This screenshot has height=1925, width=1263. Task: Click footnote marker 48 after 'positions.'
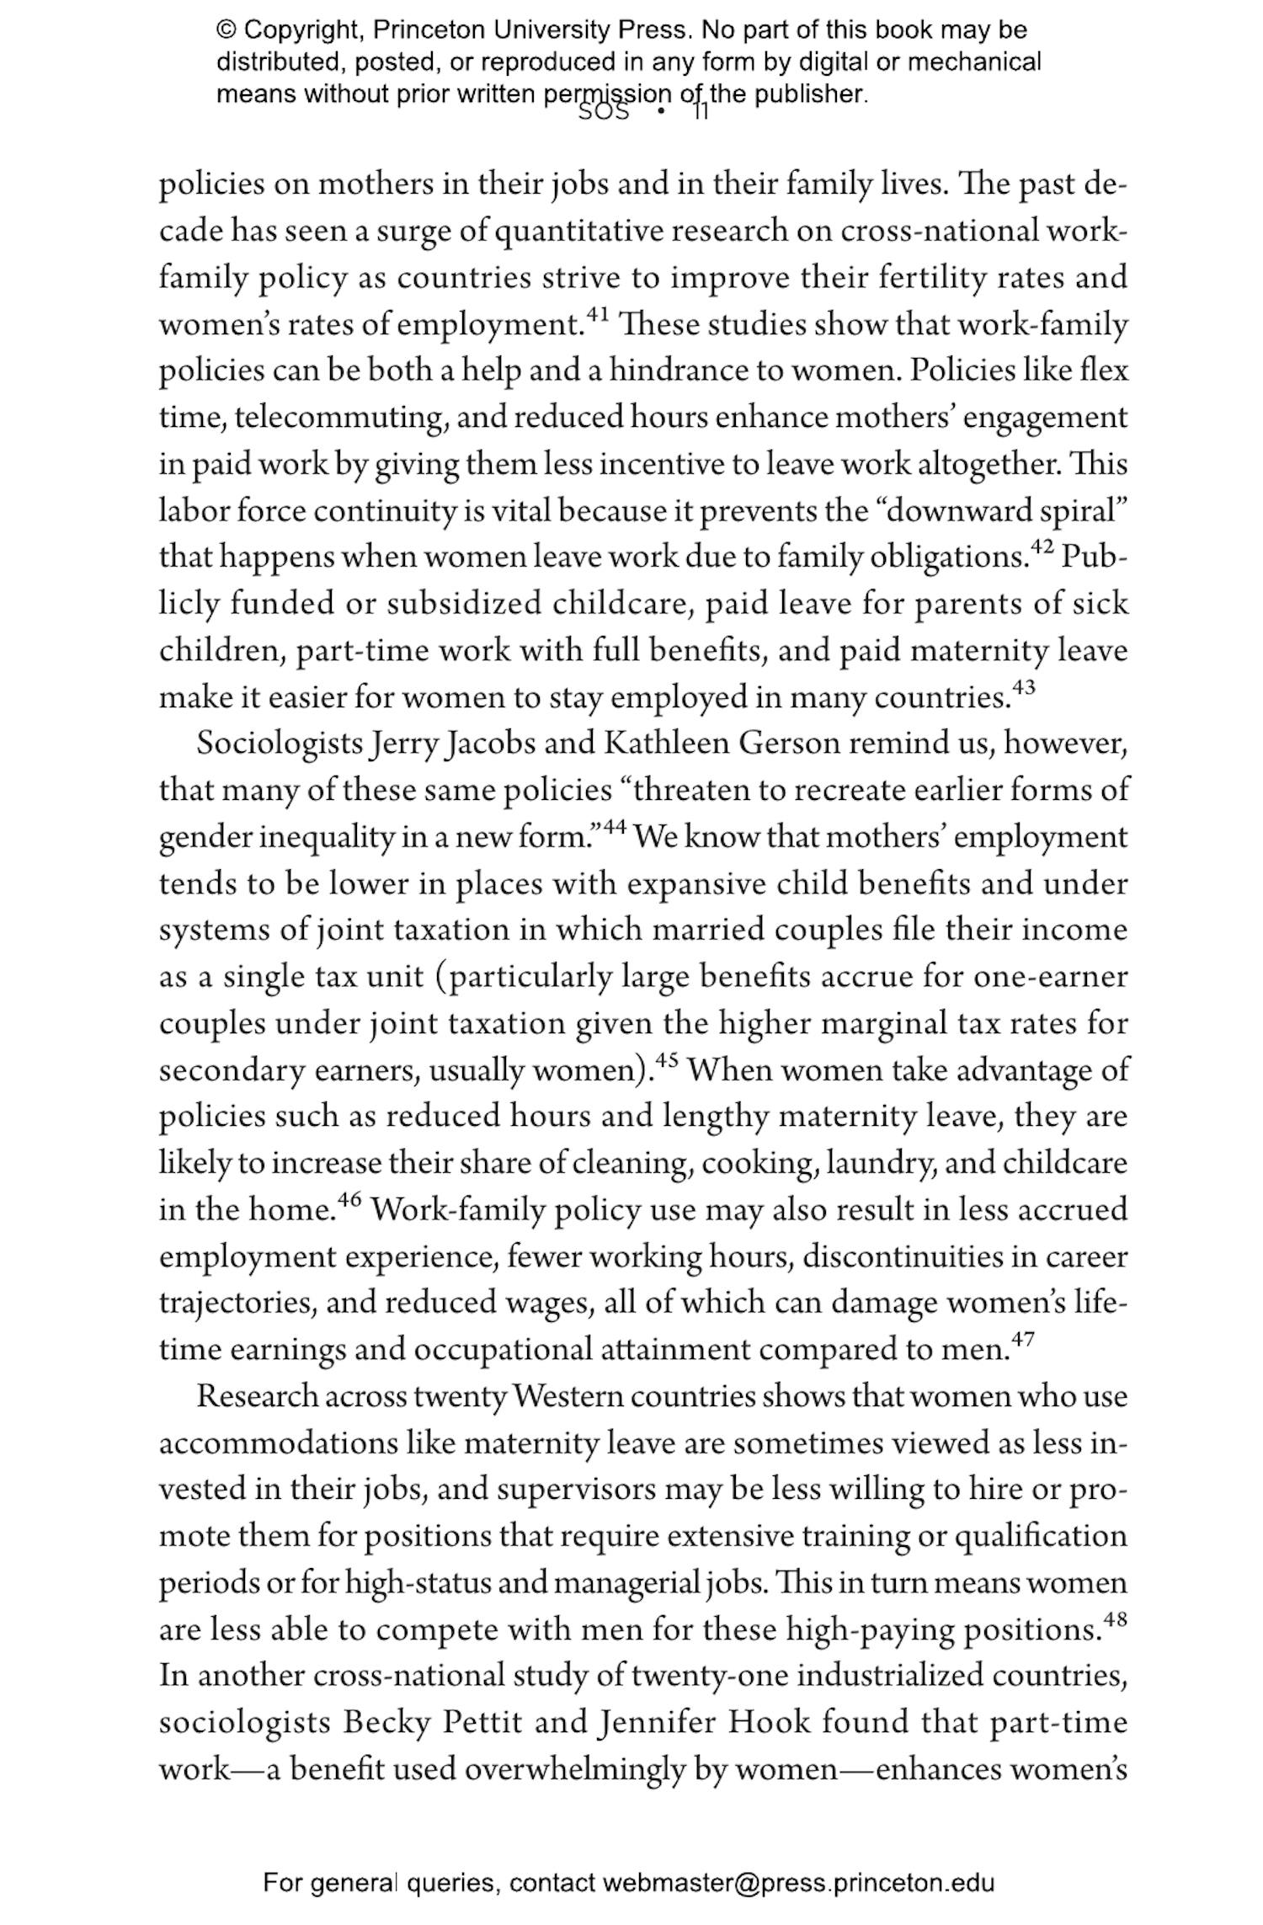(1114, 1619)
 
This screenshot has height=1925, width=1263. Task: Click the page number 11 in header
(701, 112)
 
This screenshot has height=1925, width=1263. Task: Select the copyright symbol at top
(226, 30)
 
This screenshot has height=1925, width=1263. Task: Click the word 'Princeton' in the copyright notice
(429, 30)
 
